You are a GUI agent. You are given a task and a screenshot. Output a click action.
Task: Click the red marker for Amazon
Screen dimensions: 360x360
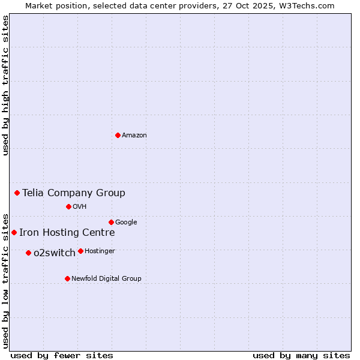point(118,135)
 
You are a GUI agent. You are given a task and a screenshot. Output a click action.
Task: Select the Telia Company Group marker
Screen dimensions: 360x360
point(17,193)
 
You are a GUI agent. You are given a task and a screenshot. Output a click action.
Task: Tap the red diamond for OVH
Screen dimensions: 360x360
point(68,206)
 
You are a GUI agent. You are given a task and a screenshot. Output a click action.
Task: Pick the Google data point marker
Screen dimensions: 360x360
point(111,222)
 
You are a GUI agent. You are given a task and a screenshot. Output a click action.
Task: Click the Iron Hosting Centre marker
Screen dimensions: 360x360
point(14,232)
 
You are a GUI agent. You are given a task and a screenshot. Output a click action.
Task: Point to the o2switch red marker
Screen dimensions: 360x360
point(28,253)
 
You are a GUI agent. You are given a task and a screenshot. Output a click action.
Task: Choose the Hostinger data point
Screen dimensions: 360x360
point(80,251)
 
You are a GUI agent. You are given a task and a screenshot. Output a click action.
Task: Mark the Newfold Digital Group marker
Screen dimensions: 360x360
point(67,278)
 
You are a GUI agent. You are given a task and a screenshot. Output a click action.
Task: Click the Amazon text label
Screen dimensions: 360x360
point(134,136)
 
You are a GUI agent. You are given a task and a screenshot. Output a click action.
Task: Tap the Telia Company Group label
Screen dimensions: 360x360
point(74,193)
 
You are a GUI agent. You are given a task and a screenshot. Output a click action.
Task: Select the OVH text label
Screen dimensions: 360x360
point(80,207)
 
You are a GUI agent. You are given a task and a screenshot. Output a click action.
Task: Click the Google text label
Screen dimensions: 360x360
point(126,223)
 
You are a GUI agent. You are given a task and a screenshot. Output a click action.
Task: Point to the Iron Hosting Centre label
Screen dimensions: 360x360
point(67,233)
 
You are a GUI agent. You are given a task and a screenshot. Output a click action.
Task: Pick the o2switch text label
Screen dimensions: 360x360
point(55,253)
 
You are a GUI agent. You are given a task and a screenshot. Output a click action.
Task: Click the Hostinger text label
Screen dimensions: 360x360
point(100,251)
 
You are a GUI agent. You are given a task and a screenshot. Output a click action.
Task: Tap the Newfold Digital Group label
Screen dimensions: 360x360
point(106,279)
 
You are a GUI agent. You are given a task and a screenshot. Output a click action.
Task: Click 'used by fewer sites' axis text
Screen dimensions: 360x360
point(62,355)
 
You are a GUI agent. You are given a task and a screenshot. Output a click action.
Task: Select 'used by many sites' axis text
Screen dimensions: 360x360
point(301,355)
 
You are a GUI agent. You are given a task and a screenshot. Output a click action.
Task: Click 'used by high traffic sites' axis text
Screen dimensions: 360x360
point(5,86)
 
